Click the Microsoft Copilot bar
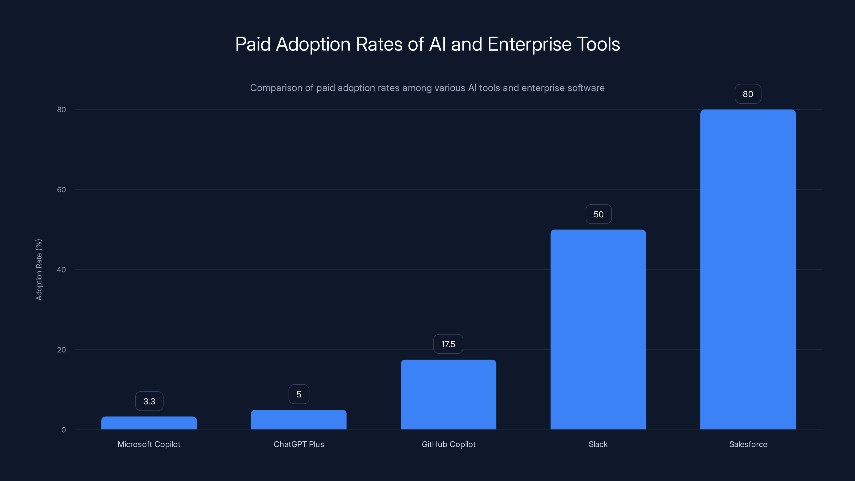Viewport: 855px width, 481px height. [x=149, y=423]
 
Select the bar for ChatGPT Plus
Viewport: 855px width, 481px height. [x=298, y=420]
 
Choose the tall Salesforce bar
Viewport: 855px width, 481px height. [x=748, y=269]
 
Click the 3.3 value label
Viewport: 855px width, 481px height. [x=149, y=401]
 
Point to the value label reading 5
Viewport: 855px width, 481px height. [x=299, y=394]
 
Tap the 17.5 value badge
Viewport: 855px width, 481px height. [x=448, y=344]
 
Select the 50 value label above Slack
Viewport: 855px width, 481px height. [x=598, y=214]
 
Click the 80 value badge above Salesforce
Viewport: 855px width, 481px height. [x=748, y=94]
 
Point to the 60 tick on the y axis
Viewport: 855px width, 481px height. [x=61, y=189]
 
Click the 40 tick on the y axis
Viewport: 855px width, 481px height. [x=61, y=270]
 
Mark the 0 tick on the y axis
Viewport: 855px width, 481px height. [x=63, y=430]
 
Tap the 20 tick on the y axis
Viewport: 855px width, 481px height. [x=61, y=350]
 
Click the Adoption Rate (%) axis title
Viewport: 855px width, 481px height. [x=39, y=270]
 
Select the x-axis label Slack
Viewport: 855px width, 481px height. [x=598, y=444]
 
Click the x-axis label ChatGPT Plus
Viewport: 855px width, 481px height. [x=299, y=444]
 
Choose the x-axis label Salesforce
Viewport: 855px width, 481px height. [x=748, y=444]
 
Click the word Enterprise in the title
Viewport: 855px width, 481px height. [x=529, y=44]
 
